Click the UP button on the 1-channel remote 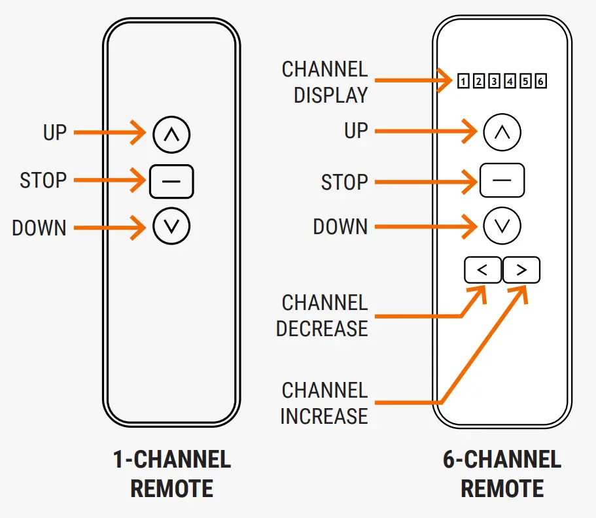pyautogui.click(x=171, y=134)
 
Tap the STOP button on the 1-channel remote pyautogui.click(x=171, y=181)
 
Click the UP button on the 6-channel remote pyautogui.click(x=502, y=133)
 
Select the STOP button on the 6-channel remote pyautogui.click(x=502, y=181)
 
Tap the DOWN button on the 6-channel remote pyautogui.click(x=502, y=226)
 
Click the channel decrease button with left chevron pyautogui.click(x=483, y=270)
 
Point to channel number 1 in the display pyautogui.click(x=463, y=82)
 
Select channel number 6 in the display pyautogui.click(x=540, y=82)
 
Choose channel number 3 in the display pyautogui.click(x=494, y=82)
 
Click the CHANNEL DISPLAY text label pyautogui.click(x=324, y=82)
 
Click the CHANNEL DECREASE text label pyautogui.click(x=322, y=316)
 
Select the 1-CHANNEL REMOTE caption pyautogui.click(x=171, y=474)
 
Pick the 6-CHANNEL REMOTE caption pyautogui.click(x=502, y=474)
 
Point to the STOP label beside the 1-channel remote pyautogui.click(x=43, y=181)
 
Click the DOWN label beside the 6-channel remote pyautogui.click(x=340, y=227)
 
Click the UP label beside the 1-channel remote pyautogui.click(x=55, y=133)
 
